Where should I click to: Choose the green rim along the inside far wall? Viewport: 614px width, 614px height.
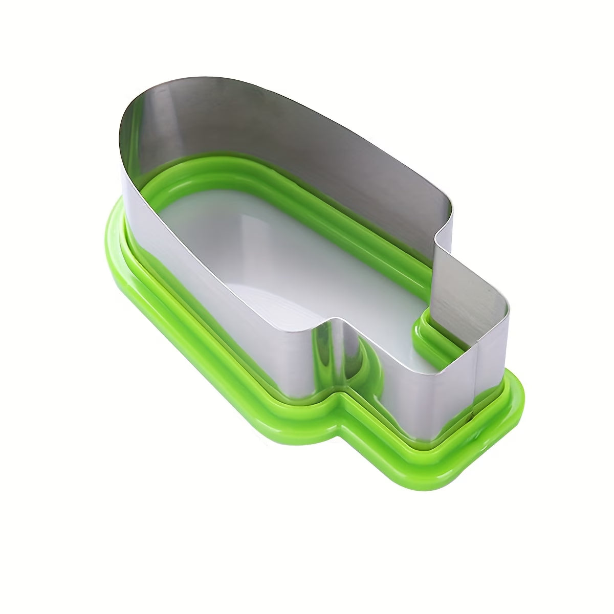(307, 205)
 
